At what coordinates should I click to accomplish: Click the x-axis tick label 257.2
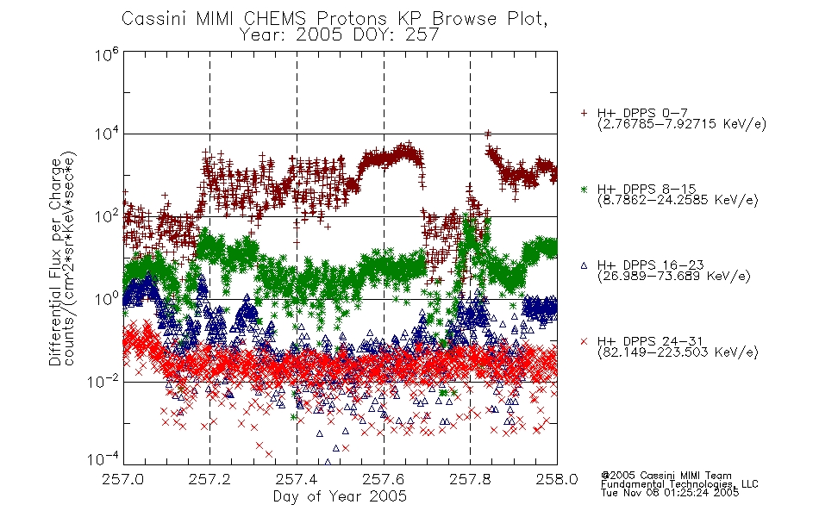pos(210,479)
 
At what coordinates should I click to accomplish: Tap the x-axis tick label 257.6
pos(384,479)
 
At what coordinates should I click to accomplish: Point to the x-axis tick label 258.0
pos(557,479)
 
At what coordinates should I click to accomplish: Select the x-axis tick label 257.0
pos(123,479)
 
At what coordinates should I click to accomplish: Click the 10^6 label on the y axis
pos(107,54)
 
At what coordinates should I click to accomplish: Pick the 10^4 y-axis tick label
pos(107,134)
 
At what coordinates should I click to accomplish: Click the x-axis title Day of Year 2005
pos(340,496)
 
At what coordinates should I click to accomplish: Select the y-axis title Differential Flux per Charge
pos(55,262)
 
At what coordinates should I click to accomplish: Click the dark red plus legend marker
pos(584,113)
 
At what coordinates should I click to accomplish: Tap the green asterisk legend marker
pos(584,189)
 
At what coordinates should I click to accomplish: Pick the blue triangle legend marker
pos(584,265)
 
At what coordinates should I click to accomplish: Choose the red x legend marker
pos(584,341)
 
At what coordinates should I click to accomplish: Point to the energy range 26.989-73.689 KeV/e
pos(674,277)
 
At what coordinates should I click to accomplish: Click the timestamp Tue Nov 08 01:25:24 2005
pos(670,493)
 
